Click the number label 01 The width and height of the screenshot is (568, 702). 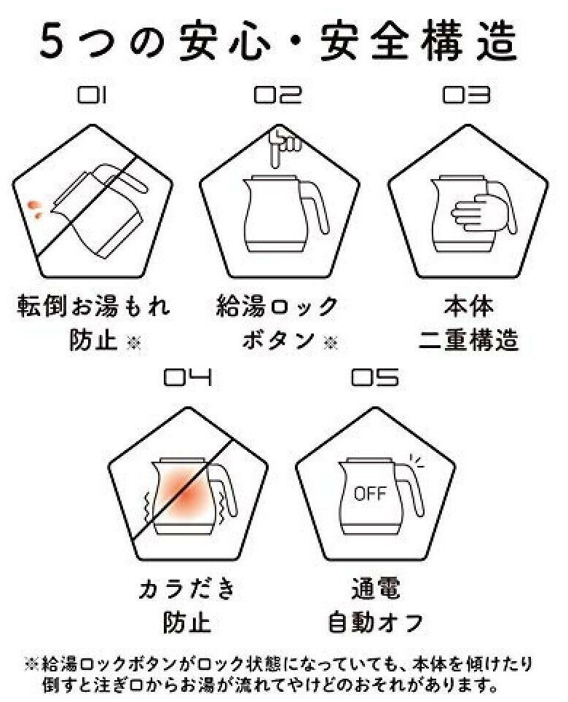click(92, 95)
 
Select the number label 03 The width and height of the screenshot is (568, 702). click(465, 95)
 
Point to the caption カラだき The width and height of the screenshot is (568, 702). click(186, 588)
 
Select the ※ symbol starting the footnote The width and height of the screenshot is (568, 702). click(31, 664)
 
